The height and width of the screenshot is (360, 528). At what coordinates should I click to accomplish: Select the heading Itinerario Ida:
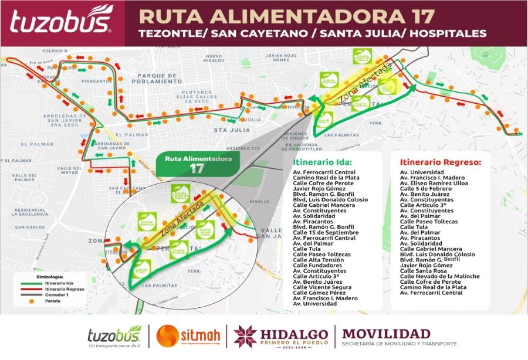[x=322, y=161]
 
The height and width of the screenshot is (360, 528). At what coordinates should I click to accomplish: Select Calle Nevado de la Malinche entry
[x=440, y=276]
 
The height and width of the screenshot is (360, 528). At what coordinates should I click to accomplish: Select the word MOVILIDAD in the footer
[x=387, y=332]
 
